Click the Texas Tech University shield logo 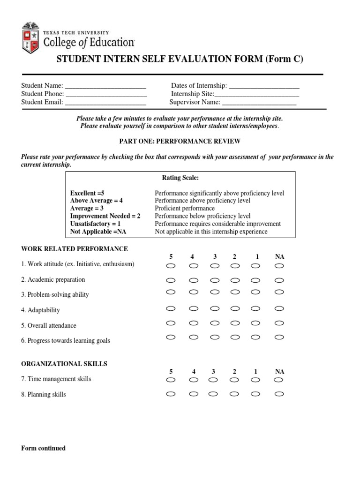point(31,37)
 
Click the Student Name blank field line point(105,86)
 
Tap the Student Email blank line point(105,103)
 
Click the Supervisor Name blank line point(259,103)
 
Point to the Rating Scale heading point(180,178)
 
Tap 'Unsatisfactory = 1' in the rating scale point(96,224)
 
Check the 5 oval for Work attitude point(171,266)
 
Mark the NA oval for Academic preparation point(279,281)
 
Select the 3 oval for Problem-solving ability point(215,292)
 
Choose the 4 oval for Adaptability point(193,308)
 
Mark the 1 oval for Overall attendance point(255,323)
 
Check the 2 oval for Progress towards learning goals point(235,337)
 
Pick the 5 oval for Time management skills point(171,380)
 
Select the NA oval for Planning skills point(279,394)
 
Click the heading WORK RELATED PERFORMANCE point(75,249)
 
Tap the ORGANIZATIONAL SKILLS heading point(64,364)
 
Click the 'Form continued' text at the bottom point(43,448)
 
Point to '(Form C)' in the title point(285,59)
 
